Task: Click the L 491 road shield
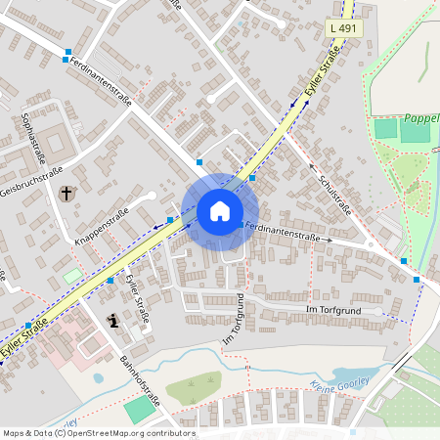[x=343, y=29]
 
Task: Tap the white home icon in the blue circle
[x=220, y=211]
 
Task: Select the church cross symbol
[x=66, y=194]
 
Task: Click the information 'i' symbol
[x=113, y=320]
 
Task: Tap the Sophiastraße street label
[x=33, y=136]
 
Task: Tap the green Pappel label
[x=421, y=117]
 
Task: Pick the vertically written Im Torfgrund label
[x=233, y=319]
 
